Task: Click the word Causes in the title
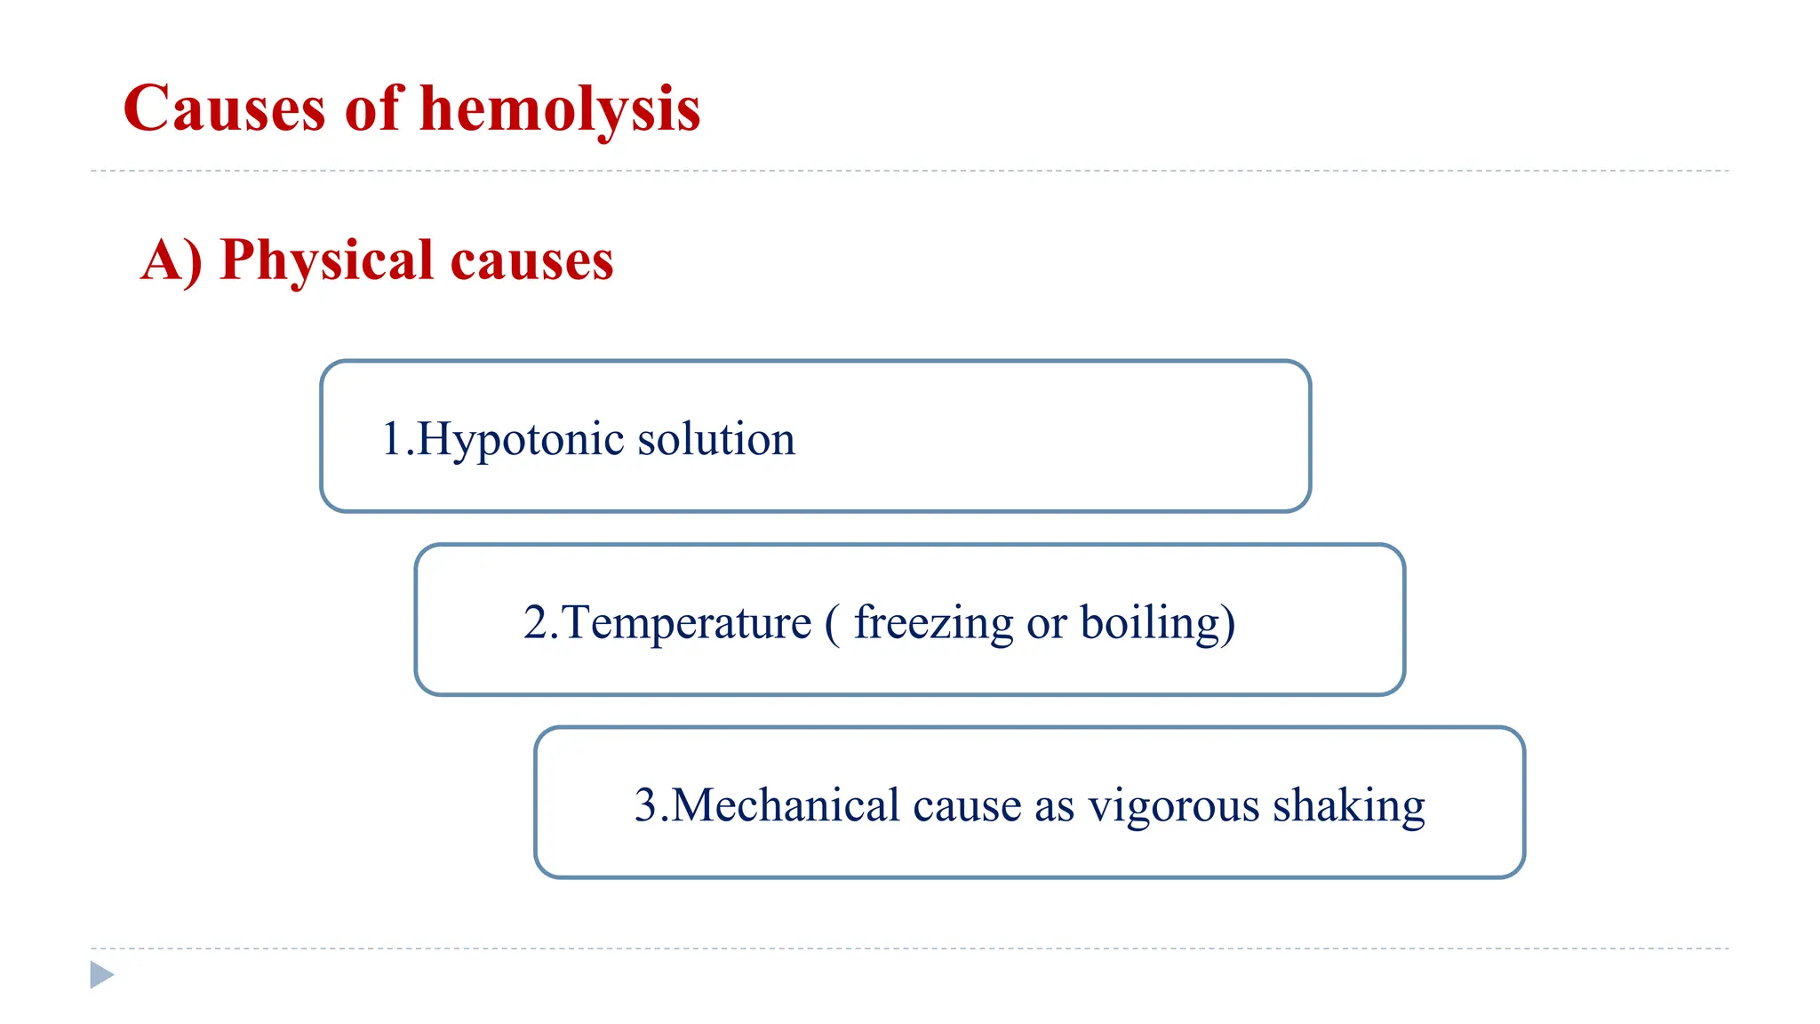tap(225, 109)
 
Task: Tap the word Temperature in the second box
tap(685, 622)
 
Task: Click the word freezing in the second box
tap(933, 622)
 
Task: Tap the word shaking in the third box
tap(1348, 805)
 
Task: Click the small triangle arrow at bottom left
tap(102, 975)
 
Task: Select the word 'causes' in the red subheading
tap(531, 260)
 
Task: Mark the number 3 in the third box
tap(645, 805)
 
